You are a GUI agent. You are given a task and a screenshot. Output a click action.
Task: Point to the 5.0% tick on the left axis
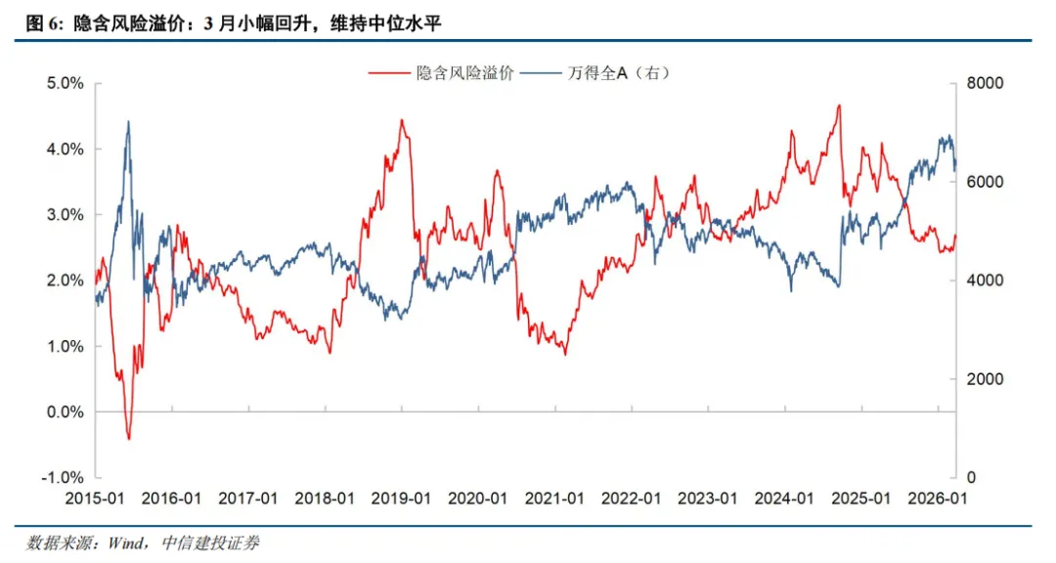(64, 84)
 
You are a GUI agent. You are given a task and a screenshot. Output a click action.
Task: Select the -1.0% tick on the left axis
(62, 477)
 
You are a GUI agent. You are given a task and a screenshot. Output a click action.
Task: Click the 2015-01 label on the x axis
(96, 498)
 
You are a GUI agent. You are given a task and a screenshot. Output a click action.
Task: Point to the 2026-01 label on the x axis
(937, 498)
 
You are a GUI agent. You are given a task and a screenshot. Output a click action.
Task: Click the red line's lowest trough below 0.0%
(128, 439)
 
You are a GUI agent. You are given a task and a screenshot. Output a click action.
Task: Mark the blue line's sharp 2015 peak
(128, 122)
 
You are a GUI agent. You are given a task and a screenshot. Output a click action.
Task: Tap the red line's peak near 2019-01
(401, 120)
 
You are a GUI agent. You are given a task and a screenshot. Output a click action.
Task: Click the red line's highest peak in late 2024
(838, 106)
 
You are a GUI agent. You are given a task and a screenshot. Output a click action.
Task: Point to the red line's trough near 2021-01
(564, 353)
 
